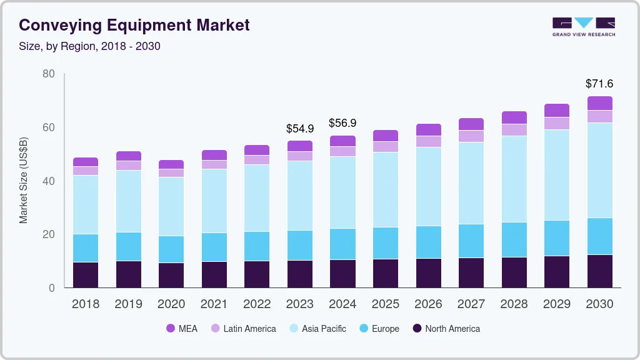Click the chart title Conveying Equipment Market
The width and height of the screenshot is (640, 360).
pyautogui.click(x=134, y=25)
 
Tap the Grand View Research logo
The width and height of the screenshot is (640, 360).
pyautogui.click(x=584, y=27)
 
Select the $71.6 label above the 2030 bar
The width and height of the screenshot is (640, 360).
pyautogui.click(x=599, y=83)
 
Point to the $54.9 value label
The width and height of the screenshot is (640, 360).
pyautogui.click(x=300, y=128)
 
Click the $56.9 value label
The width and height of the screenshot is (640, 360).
pyautogui.click(x=342, y=122)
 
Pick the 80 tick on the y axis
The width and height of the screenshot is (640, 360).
pyautogui.click(x=48, y=74)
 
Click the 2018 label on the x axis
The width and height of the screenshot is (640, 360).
pyautogui.click(x=86, y=304)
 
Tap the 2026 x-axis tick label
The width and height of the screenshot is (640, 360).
pyautogui.click(x=428, y=304)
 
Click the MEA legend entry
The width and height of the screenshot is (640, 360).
pyautogui.click(x=182, y=328)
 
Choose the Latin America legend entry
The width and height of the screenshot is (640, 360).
pyautogui.click(x=243, y=328)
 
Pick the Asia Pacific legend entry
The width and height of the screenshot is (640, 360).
pyautogui.click(x=317, y=328)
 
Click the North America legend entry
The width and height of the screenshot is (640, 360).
pyautogui.click(x=446, y=328)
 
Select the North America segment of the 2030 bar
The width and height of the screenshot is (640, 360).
pyautogui.click(x=599, y=271)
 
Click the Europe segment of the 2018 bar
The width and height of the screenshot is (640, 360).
pyautogui.click(x=86, y=248)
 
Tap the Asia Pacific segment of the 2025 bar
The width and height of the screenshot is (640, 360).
pyautogui.click(x=386, y=189)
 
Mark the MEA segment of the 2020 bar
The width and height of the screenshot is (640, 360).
pyautogui.click(x=171, y=164)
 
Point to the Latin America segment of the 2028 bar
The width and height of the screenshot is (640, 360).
pyautogui.click(x=514, y=129)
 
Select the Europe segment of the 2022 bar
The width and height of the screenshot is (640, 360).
pyautogui.click(x=257, y=246)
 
